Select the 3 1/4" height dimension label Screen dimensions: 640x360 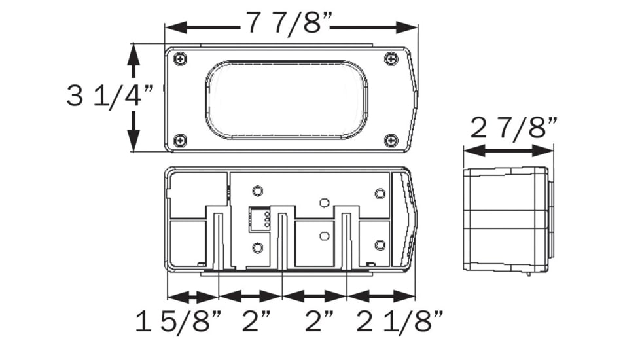[109, 97]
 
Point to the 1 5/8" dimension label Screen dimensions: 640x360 [179, 321]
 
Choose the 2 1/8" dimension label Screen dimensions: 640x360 [400, 321]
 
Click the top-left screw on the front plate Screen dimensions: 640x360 [180, 59]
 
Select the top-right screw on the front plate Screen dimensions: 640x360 [391, 59]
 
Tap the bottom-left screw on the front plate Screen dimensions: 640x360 [180, 141]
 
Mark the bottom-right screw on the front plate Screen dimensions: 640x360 [391, 141]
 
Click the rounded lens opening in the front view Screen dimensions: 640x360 [287, 100]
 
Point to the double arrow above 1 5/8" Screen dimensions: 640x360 [194, 297]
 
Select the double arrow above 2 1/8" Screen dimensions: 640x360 [381, 297]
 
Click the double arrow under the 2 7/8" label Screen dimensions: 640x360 [508, 150]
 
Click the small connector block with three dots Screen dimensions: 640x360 [259, 219]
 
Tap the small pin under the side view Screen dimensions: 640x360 [529, 274]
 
